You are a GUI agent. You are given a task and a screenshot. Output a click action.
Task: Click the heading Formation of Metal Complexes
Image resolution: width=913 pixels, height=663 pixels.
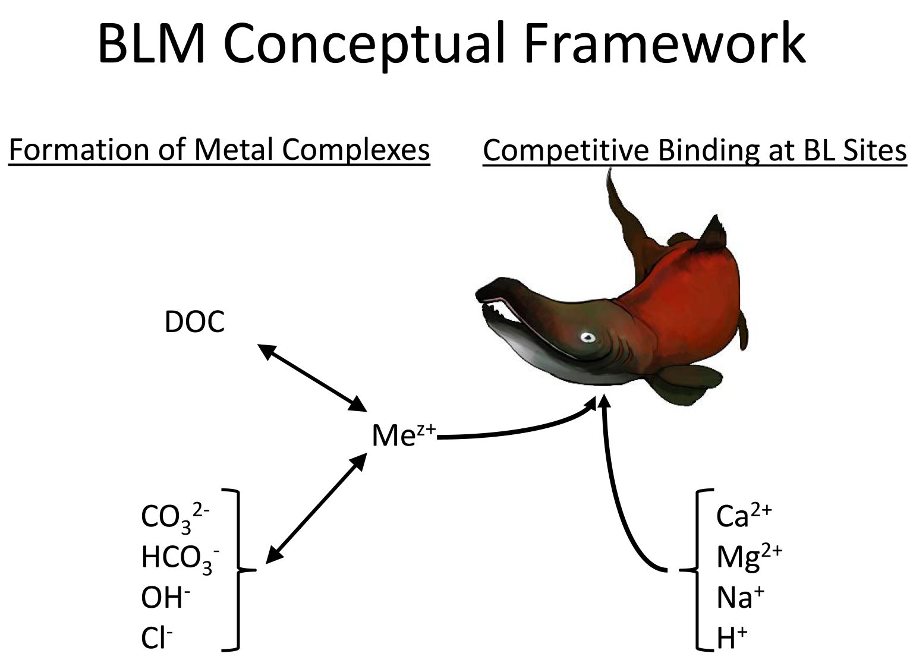point(219,150)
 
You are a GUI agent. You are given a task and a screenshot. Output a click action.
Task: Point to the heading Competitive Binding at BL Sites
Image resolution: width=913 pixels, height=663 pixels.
point(694,150)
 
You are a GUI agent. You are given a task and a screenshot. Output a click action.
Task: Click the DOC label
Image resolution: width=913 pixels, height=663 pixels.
point(194,322)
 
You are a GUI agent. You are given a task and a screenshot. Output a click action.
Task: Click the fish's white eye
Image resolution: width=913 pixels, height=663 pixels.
point(588,337)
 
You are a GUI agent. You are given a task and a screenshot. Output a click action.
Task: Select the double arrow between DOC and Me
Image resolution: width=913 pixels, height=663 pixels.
point(313,377)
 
